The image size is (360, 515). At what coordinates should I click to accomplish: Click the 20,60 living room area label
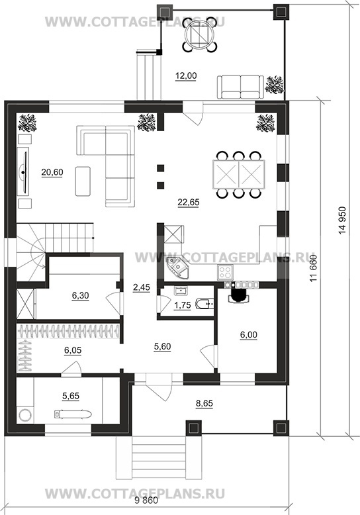pyautogui.click(x=52, y=172)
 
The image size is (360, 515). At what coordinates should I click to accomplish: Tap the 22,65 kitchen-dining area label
pyautogui.click(x=189, y=203)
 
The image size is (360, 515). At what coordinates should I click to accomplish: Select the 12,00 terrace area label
pyautogui.click(x=186, y=76)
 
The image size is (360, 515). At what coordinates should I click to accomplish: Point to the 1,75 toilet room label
pyautogui.click(x=182, y=305)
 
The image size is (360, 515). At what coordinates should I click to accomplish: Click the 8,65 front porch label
pyautogui.click(x=204, y=403)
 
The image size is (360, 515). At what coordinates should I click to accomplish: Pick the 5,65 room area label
pyautogui.click(x=71, y=396)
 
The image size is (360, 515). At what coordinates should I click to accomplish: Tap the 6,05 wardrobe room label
pyautogui.click(x=73, y=350)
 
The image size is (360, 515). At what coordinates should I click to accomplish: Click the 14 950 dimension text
pyautogui.click(x=342, y=220)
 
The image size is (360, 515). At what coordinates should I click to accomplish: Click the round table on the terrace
pyautogui.click(x=199, y=35)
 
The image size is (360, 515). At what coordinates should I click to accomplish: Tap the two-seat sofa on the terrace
pyautogui.click(x=240, y=87)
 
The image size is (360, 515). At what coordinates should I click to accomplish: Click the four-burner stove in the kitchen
pyautogui.click(x=226, y=272)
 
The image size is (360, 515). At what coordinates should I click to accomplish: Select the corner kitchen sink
pyautogui.click(x=178, y=267)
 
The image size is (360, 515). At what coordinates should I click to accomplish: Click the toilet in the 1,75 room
pyautogui.click(x=205, y=304)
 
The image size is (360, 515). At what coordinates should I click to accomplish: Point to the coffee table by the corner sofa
pyautogui.click(x=83, y=181)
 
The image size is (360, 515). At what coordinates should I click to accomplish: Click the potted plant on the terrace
pyautogui.click(x=275, y=85)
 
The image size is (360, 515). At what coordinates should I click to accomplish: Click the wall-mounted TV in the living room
pyautogui.click(x=24, y=171)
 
